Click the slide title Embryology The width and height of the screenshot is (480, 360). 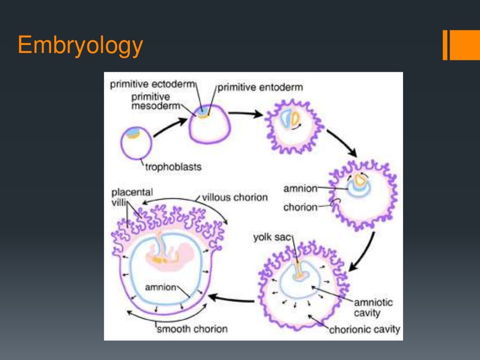80,46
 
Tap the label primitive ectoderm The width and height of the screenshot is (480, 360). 152,85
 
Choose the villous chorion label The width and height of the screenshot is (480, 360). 234,197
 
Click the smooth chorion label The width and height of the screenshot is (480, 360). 192,329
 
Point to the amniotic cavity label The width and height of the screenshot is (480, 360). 367,307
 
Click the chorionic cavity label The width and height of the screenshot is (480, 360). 365,330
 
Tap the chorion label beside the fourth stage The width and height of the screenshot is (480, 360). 300,207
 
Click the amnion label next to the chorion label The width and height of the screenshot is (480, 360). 300,188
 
